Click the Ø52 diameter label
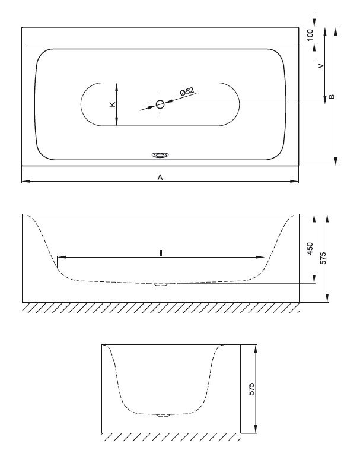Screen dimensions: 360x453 tap(187, 92)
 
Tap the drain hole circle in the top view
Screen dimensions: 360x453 tap(160, 104)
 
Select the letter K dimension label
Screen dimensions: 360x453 tap(113, 104)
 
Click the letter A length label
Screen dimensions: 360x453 tap(160, 178)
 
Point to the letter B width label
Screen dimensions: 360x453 tap(332, 97)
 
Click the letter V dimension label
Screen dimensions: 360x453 tap(320, 66)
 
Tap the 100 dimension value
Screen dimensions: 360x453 tap(310, 35)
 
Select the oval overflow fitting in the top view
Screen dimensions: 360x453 tap(160, 156)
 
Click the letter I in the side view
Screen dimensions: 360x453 tap(161, 253)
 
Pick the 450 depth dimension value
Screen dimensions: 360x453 tap(310, 248)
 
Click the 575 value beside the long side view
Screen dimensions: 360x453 tap(323, 258)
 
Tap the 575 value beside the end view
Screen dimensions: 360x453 tap(251, 389)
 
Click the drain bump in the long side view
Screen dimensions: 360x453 tap(161, 284)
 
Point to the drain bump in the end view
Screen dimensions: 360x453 tap(163, 416)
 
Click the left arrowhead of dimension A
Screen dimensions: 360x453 tap(26, 182)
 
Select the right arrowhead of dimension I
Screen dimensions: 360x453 tap(260, 257)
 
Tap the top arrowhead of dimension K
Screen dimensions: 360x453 tap(117, 87)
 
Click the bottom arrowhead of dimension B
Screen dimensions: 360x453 tap(336, 161)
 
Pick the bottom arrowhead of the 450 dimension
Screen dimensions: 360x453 tap(314, 279)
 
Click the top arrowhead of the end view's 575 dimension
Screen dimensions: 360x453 tap(256, 349)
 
